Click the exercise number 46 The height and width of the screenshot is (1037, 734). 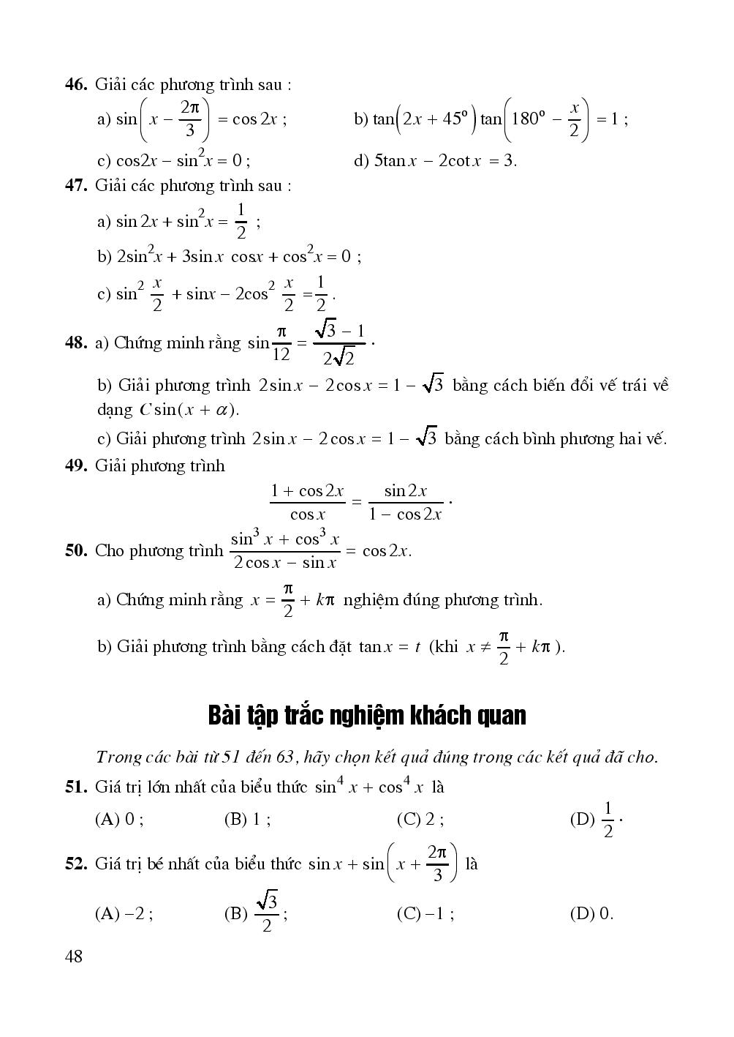[x=76, y=85]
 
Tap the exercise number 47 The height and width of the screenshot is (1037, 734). [x=76, y=186]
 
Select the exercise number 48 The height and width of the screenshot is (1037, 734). [x=76, y=342]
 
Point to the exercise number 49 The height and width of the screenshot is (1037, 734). [x=76, y=466]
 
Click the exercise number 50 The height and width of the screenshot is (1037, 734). [x=76, y=550]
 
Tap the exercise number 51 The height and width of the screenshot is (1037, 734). [x=76, y=787]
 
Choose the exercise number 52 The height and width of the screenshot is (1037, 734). [x=76, y=864]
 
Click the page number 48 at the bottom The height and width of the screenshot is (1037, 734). [x=74, y=956]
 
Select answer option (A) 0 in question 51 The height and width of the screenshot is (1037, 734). [x=119, y=820]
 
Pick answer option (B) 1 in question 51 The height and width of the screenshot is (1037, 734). [x=247, y=820]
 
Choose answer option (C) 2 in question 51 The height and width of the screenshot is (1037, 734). [x=420, y=820]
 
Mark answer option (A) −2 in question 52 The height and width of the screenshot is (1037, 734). [x=124, y=913]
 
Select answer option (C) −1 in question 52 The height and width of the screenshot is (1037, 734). [x=425, y=913]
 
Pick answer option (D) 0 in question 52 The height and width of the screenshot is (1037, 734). [x=591, y=913]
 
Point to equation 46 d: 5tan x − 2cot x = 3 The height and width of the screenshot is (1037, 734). [x=436, y=161]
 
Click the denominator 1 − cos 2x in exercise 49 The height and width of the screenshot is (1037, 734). [x=406, y=514]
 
